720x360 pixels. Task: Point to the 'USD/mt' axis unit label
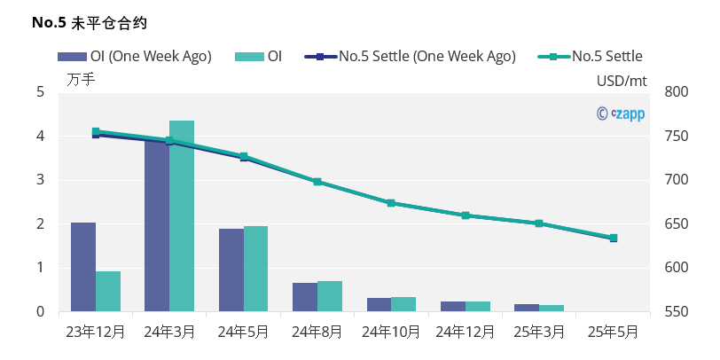click(622, 80)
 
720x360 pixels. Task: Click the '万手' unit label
click(81, 80)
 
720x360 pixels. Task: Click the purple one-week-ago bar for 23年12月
click(83, 266)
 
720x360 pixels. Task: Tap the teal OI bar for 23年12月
click(108, 291)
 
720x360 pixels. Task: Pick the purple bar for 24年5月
click(231, 270)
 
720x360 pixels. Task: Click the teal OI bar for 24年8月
click(330, 296)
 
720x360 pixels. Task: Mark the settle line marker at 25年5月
click(614, 238)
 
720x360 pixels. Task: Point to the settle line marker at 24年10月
click(391, 203)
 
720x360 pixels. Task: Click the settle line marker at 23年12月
click(96, 132)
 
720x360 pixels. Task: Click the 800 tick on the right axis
click(676, 91)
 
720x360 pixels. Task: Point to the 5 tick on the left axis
click(40, 91)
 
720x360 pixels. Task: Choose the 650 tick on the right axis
click(676, 223)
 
